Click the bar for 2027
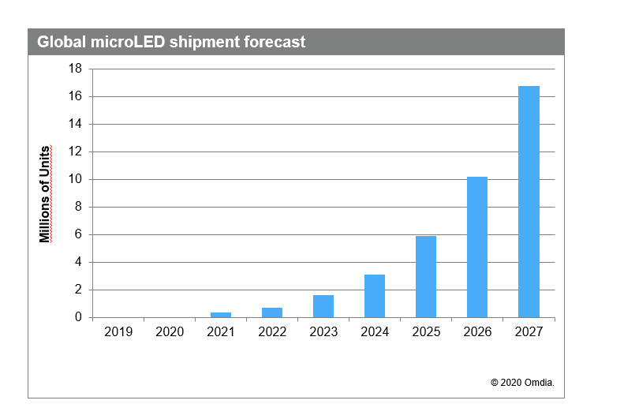tap(529, 201)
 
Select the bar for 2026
tap(477, 247)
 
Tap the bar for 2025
tap(426, 276)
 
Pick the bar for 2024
tap(375, 296)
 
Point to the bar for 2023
tap(323, 306)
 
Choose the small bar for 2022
tap(272, 312)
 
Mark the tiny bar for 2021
tap(221, 314)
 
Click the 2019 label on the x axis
tap(118, 332)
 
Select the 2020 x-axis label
tap(170, 332)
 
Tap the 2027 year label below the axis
tap(529, 332)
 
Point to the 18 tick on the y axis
tap(76, 69)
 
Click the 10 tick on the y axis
tap(76, 179)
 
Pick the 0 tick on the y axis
tap(79, 317)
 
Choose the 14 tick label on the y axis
tap(76, 124)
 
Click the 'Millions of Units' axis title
tap(46, 193)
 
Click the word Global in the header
tap(60, 43)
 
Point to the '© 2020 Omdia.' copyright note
tap(522, 383)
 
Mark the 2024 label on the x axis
tap(375, 332)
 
